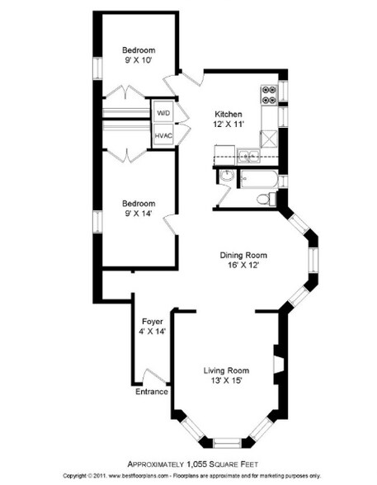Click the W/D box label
[163, 113]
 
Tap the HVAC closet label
[163, 136]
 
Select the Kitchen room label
[229, 114]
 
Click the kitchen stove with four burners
[268, 95]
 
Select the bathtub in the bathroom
[259, 179]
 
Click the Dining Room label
[243, 255]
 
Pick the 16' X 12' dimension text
[243, 265]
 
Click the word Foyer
[153, 322]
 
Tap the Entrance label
[152, 392]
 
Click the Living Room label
[226, 370]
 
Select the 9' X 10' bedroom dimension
[139, 60]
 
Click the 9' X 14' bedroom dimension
[139, 214]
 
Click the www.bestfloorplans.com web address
[139, 475]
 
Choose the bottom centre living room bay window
[227, 443]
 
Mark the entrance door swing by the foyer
[154, 376]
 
